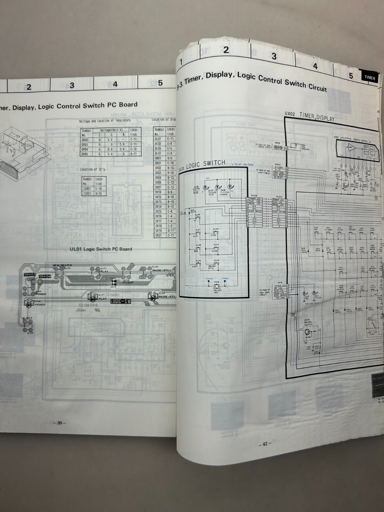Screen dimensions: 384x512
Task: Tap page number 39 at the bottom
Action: click(x=60, y=423)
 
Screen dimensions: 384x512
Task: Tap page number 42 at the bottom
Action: click(x=265, y=444)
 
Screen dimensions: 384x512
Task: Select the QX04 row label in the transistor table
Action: click(x=84, y=149)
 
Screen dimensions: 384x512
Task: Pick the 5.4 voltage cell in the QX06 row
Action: click(x=110, y=154)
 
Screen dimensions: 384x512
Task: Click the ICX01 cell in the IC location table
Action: click(x=87, y=194)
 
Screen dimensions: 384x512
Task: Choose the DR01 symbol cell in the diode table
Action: click(x=158, y=158)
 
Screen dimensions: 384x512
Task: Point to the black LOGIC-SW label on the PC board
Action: click(x=121, y=301)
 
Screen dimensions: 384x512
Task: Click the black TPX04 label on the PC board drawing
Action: click(x=45, y=276)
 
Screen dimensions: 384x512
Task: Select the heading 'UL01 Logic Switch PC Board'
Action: click(x=101, y=249)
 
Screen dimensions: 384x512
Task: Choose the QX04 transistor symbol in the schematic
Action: click(x=308, y=333)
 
